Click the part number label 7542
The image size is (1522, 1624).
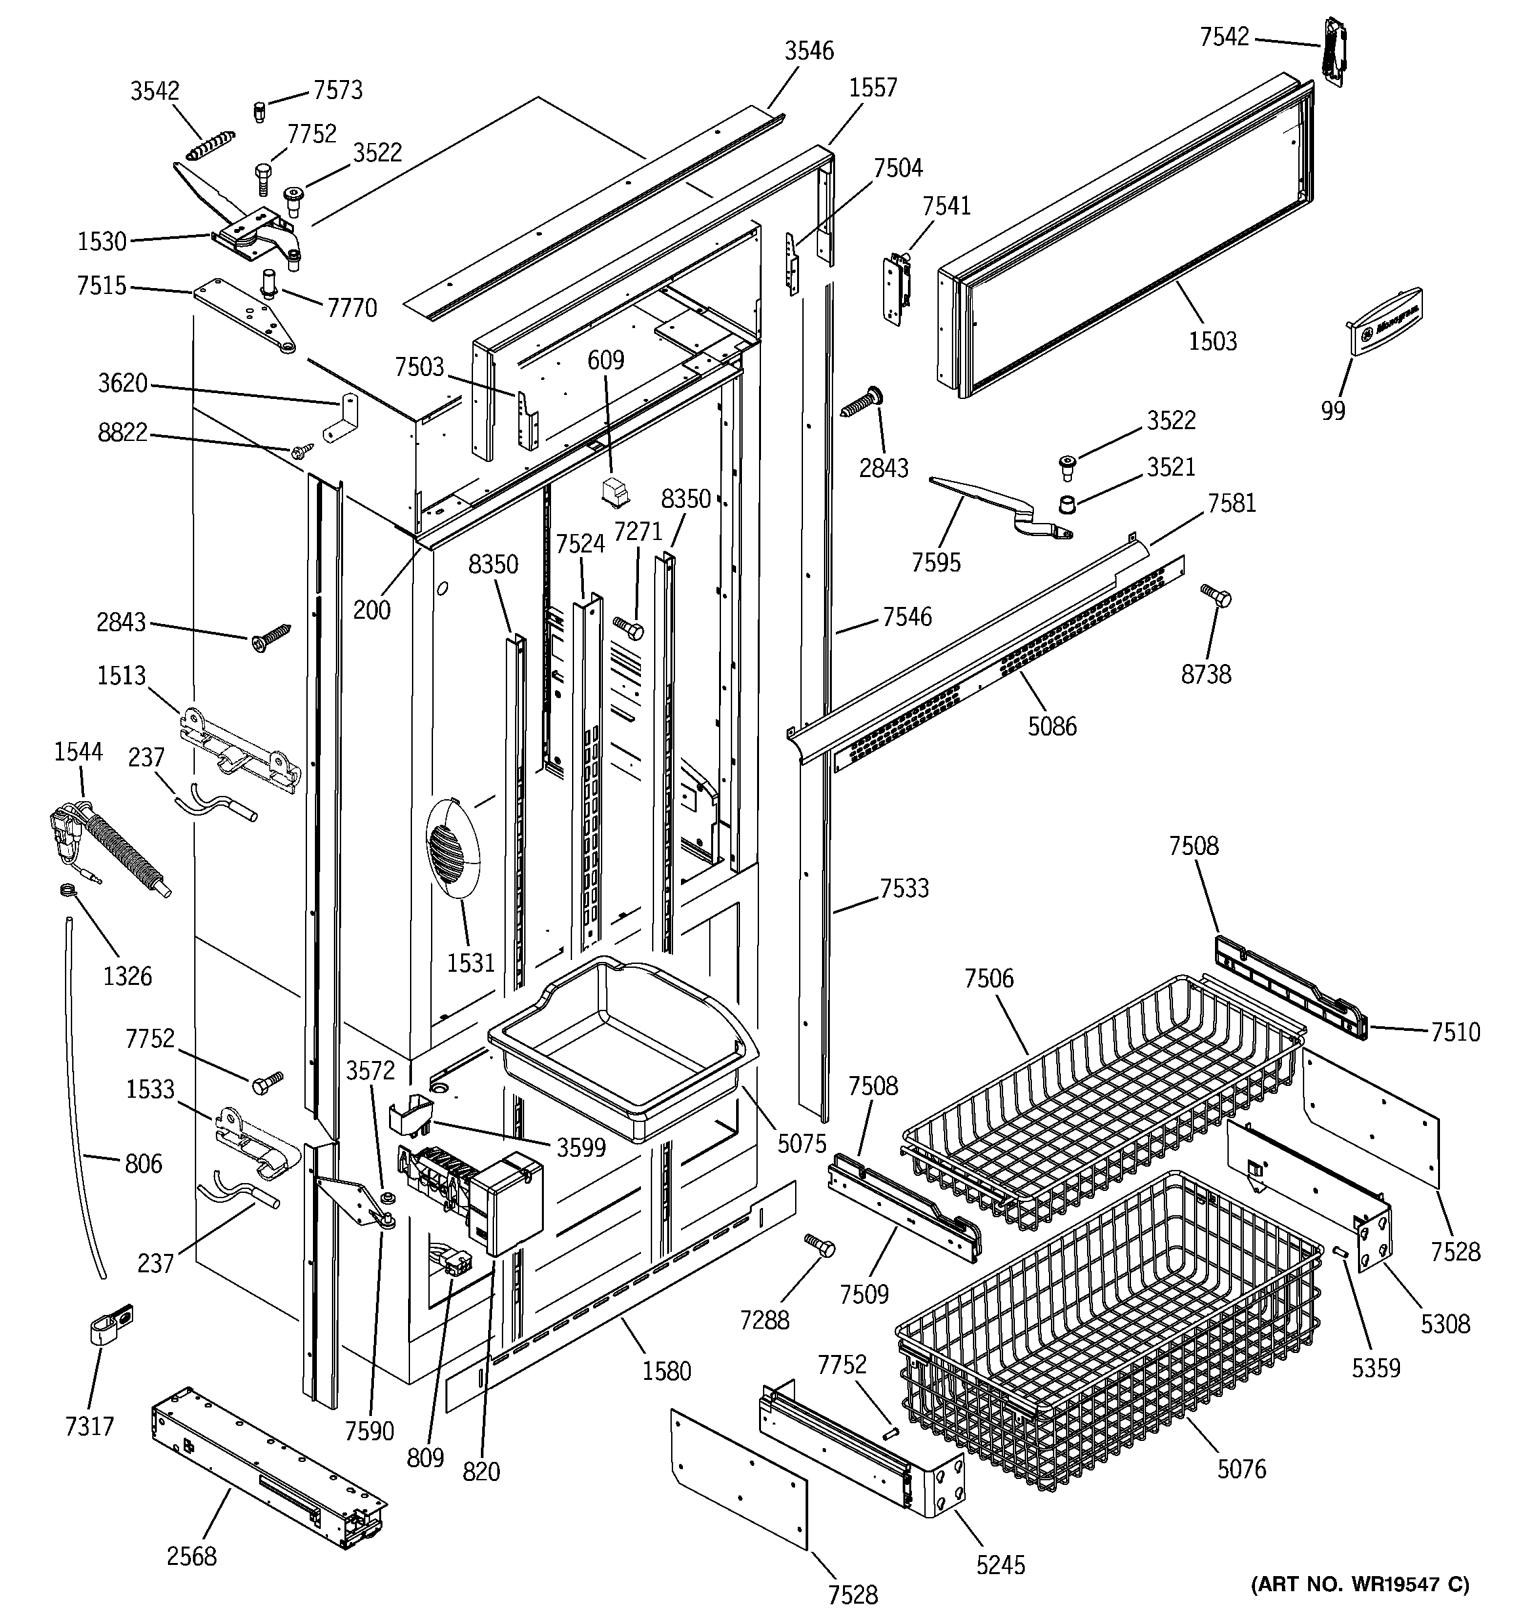click(x=1224, y=37)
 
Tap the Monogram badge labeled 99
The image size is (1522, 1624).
click(x=1386, y=321)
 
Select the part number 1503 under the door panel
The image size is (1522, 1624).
click(x=1212, y=341)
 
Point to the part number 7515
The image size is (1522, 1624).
click(x=101, y=286)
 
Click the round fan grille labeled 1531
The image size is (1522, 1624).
click(x=453, y=849)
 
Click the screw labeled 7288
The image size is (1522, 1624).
click(x=819, y=1245)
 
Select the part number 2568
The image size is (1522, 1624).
click(x=192, y=1556)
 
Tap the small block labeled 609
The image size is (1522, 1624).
click(x=613, y=491)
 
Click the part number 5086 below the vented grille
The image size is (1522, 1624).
click(x=1052, y=726)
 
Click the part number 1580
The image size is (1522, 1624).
click(x=667, y=1371)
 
